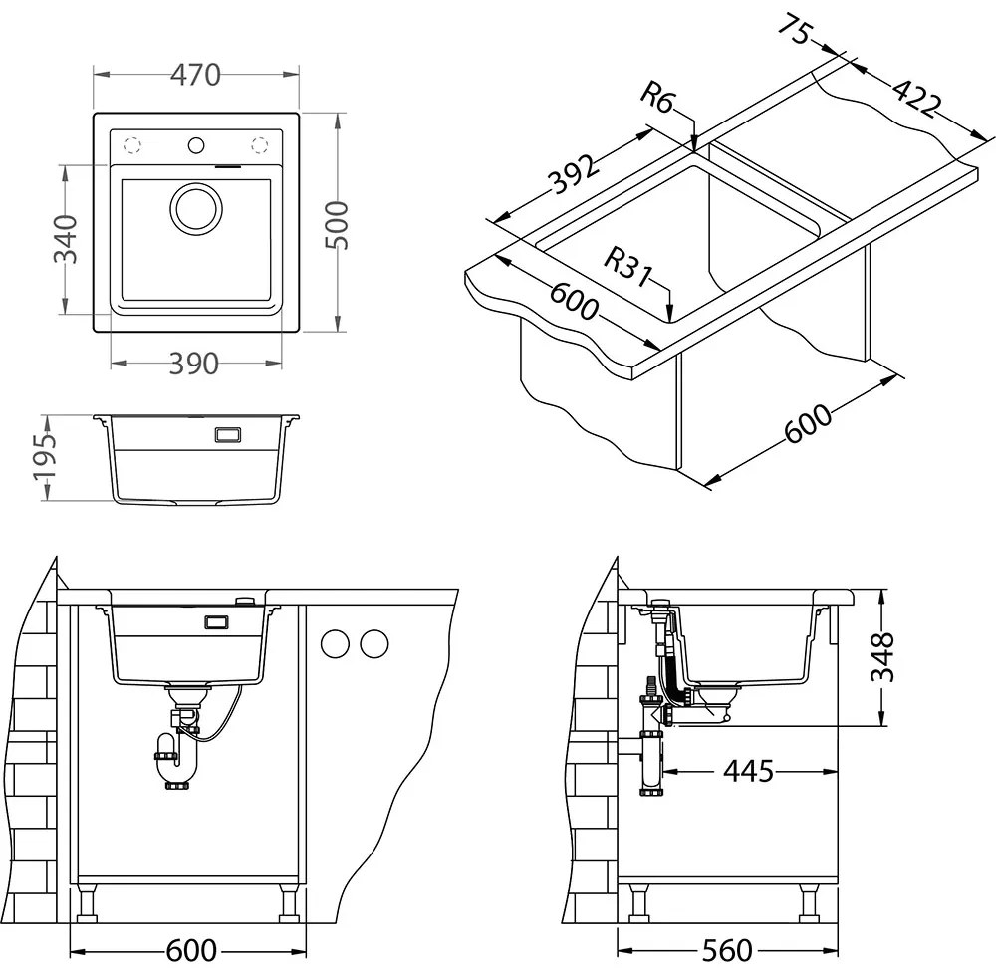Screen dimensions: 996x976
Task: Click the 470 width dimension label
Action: [195, 75]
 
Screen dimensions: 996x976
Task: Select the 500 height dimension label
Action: [336, 225]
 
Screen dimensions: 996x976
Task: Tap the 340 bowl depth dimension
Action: [66, 239]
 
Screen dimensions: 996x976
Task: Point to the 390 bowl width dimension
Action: [194, 364]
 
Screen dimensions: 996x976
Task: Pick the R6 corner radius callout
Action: [657, 98]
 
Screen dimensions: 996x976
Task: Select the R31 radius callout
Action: [627, 267]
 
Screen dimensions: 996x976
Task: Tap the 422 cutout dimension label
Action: [915, 98]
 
